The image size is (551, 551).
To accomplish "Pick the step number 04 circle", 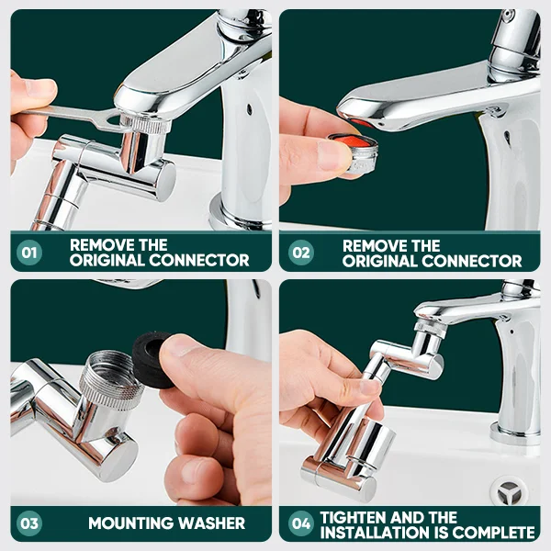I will (x=300, y=523).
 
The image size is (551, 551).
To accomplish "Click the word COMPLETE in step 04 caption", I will (x=495, y=532).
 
